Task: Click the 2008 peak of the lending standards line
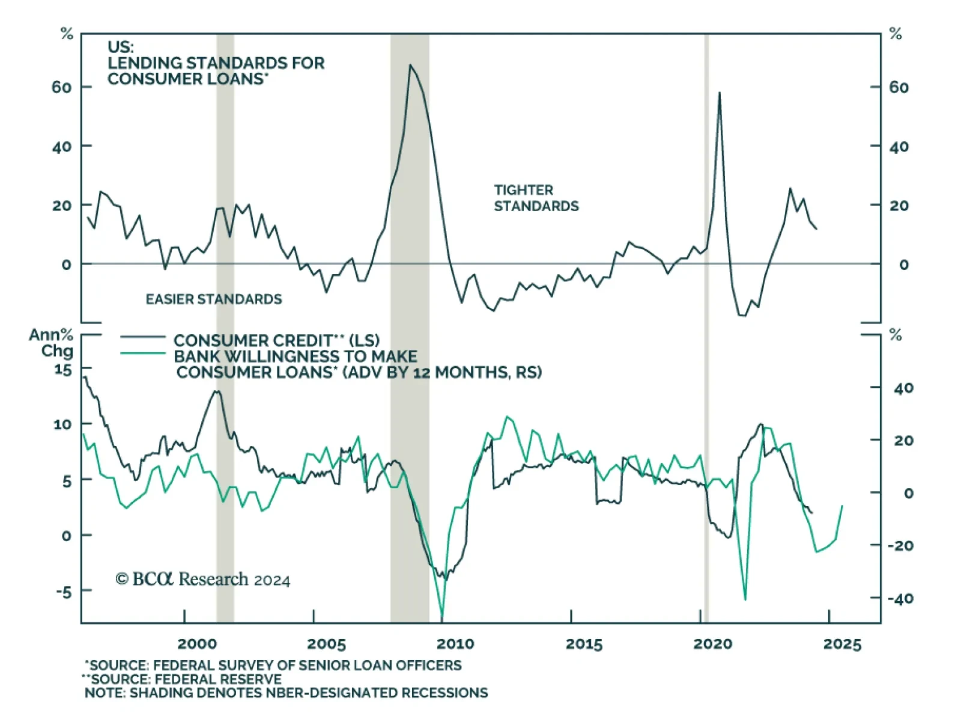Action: (x=410, y=65)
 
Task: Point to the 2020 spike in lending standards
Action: (x=719, y=93)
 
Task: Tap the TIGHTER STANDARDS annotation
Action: (x=536, y=198)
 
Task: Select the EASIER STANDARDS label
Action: (x=214, y=299)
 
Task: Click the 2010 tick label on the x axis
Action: (x=455, y=644)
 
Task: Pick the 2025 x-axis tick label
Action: (x=842, y=644)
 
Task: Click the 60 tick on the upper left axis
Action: (x=61, y=87)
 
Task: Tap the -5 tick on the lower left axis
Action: (x=64, y=592)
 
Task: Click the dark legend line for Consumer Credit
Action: (x=142, y=337)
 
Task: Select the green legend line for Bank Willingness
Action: (x=142, y=353)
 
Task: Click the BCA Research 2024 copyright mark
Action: (x=202, y=579)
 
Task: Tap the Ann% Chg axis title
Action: (x=52, y=343)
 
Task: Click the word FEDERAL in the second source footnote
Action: (x=186, y=679)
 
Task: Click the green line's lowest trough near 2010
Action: (x=442, y=619)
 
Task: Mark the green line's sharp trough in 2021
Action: (x=745, y=599)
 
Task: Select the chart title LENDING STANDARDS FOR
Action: (x=216, y=63)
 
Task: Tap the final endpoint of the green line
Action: (x=842, y=506)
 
